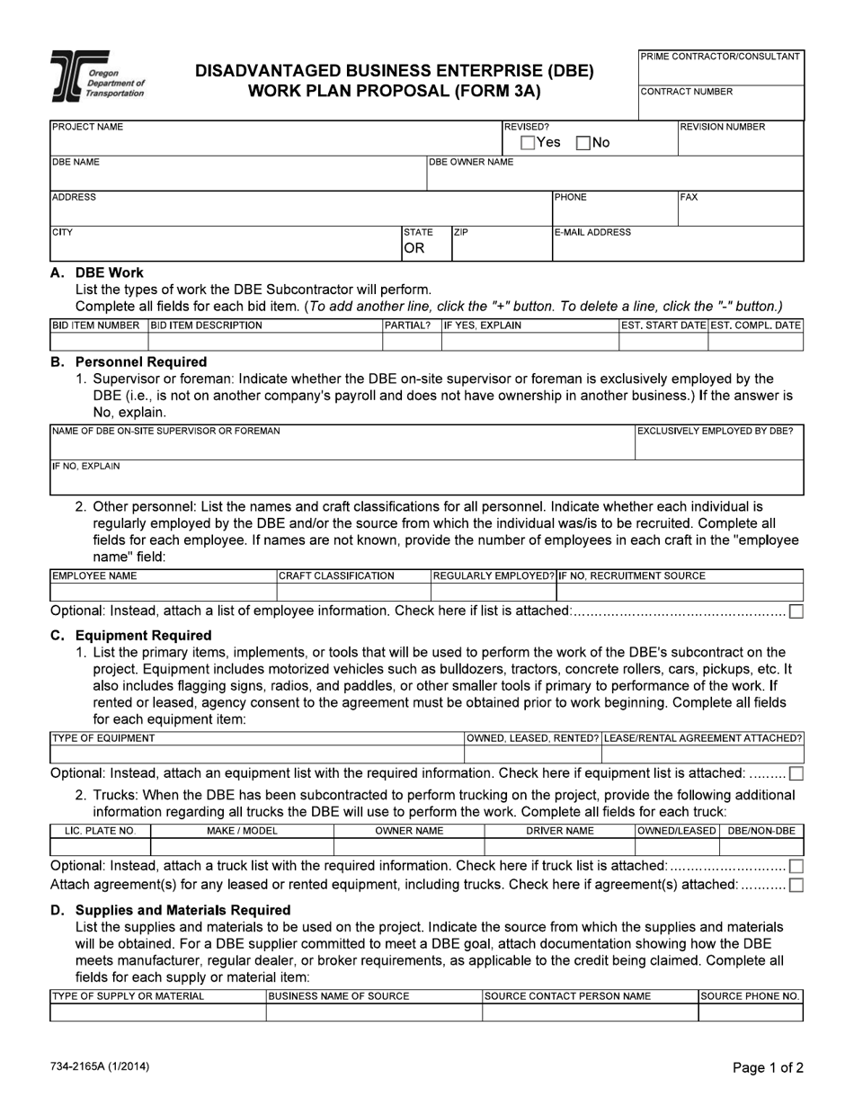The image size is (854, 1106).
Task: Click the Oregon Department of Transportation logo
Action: tap(97, 79)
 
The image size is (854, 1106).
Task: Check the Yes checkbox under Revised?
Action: tap(529, 143)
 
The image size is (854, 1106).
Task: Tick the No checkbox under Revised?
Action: tap(583, 143)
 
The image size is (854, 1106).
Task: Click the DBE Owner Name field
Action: tap(614, 173)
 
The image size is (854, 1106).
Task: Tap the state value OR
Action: tap(414, 249)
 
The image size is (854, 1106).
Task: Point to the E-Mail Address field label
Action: tap(592, 232)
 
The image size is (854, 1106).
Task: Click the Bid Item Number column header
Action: tap(96, 325)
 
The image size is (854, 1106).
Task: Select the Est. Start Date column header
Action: tap(663, 325)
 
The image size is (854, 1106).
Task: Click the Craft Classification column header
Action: tap(337, 575)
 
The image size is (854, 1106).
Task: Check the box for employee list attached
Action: tap(796, 611)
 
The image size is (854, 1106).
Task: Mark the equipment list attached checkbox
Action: tap(796, 773)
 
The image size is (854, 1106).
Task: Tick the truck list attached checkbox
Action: tap(796, 866)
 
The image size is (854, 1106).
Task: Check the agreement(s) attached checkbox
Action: tap(796, 885)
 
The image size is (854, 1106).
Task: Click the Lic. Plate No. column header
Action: tap(100, 831)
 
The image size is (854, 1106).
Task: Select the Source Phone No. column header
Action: tap(750, 996)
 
